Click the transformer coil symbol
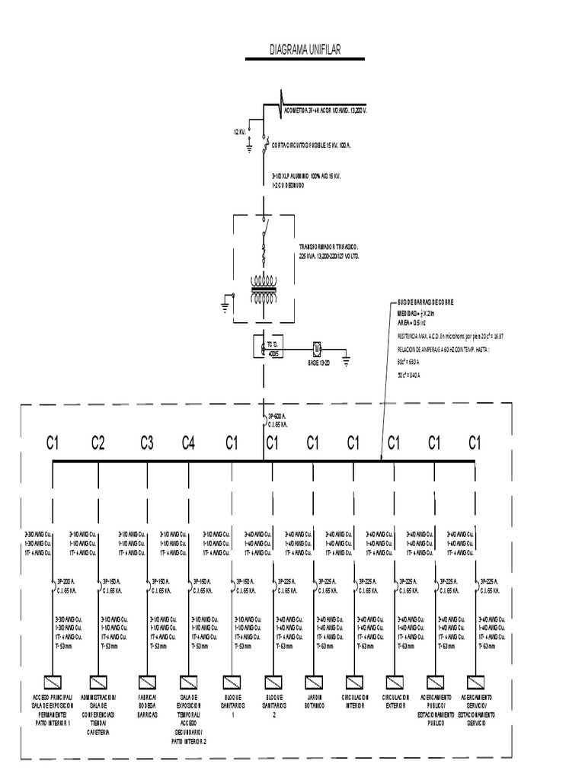tap(264, 290)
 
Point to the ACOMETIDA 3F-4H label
tap(325, 110)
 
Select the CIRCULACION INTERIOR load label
tap(354, 701)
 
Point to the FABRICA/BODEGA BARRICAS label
tap(147, 705)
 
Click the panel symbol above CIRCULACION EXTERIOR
tap(394, 681)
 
